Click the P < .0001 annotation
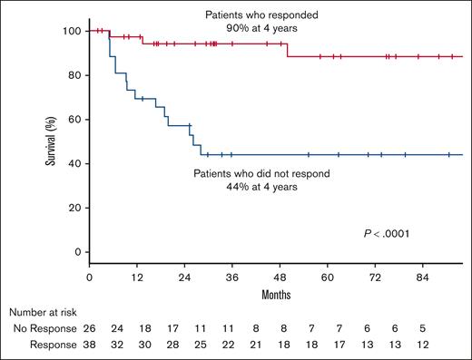click(x=387, y=235)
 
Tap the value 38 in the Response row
click(x=89, y=345)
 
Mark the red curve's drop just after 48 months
click(x=288, y=50)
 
